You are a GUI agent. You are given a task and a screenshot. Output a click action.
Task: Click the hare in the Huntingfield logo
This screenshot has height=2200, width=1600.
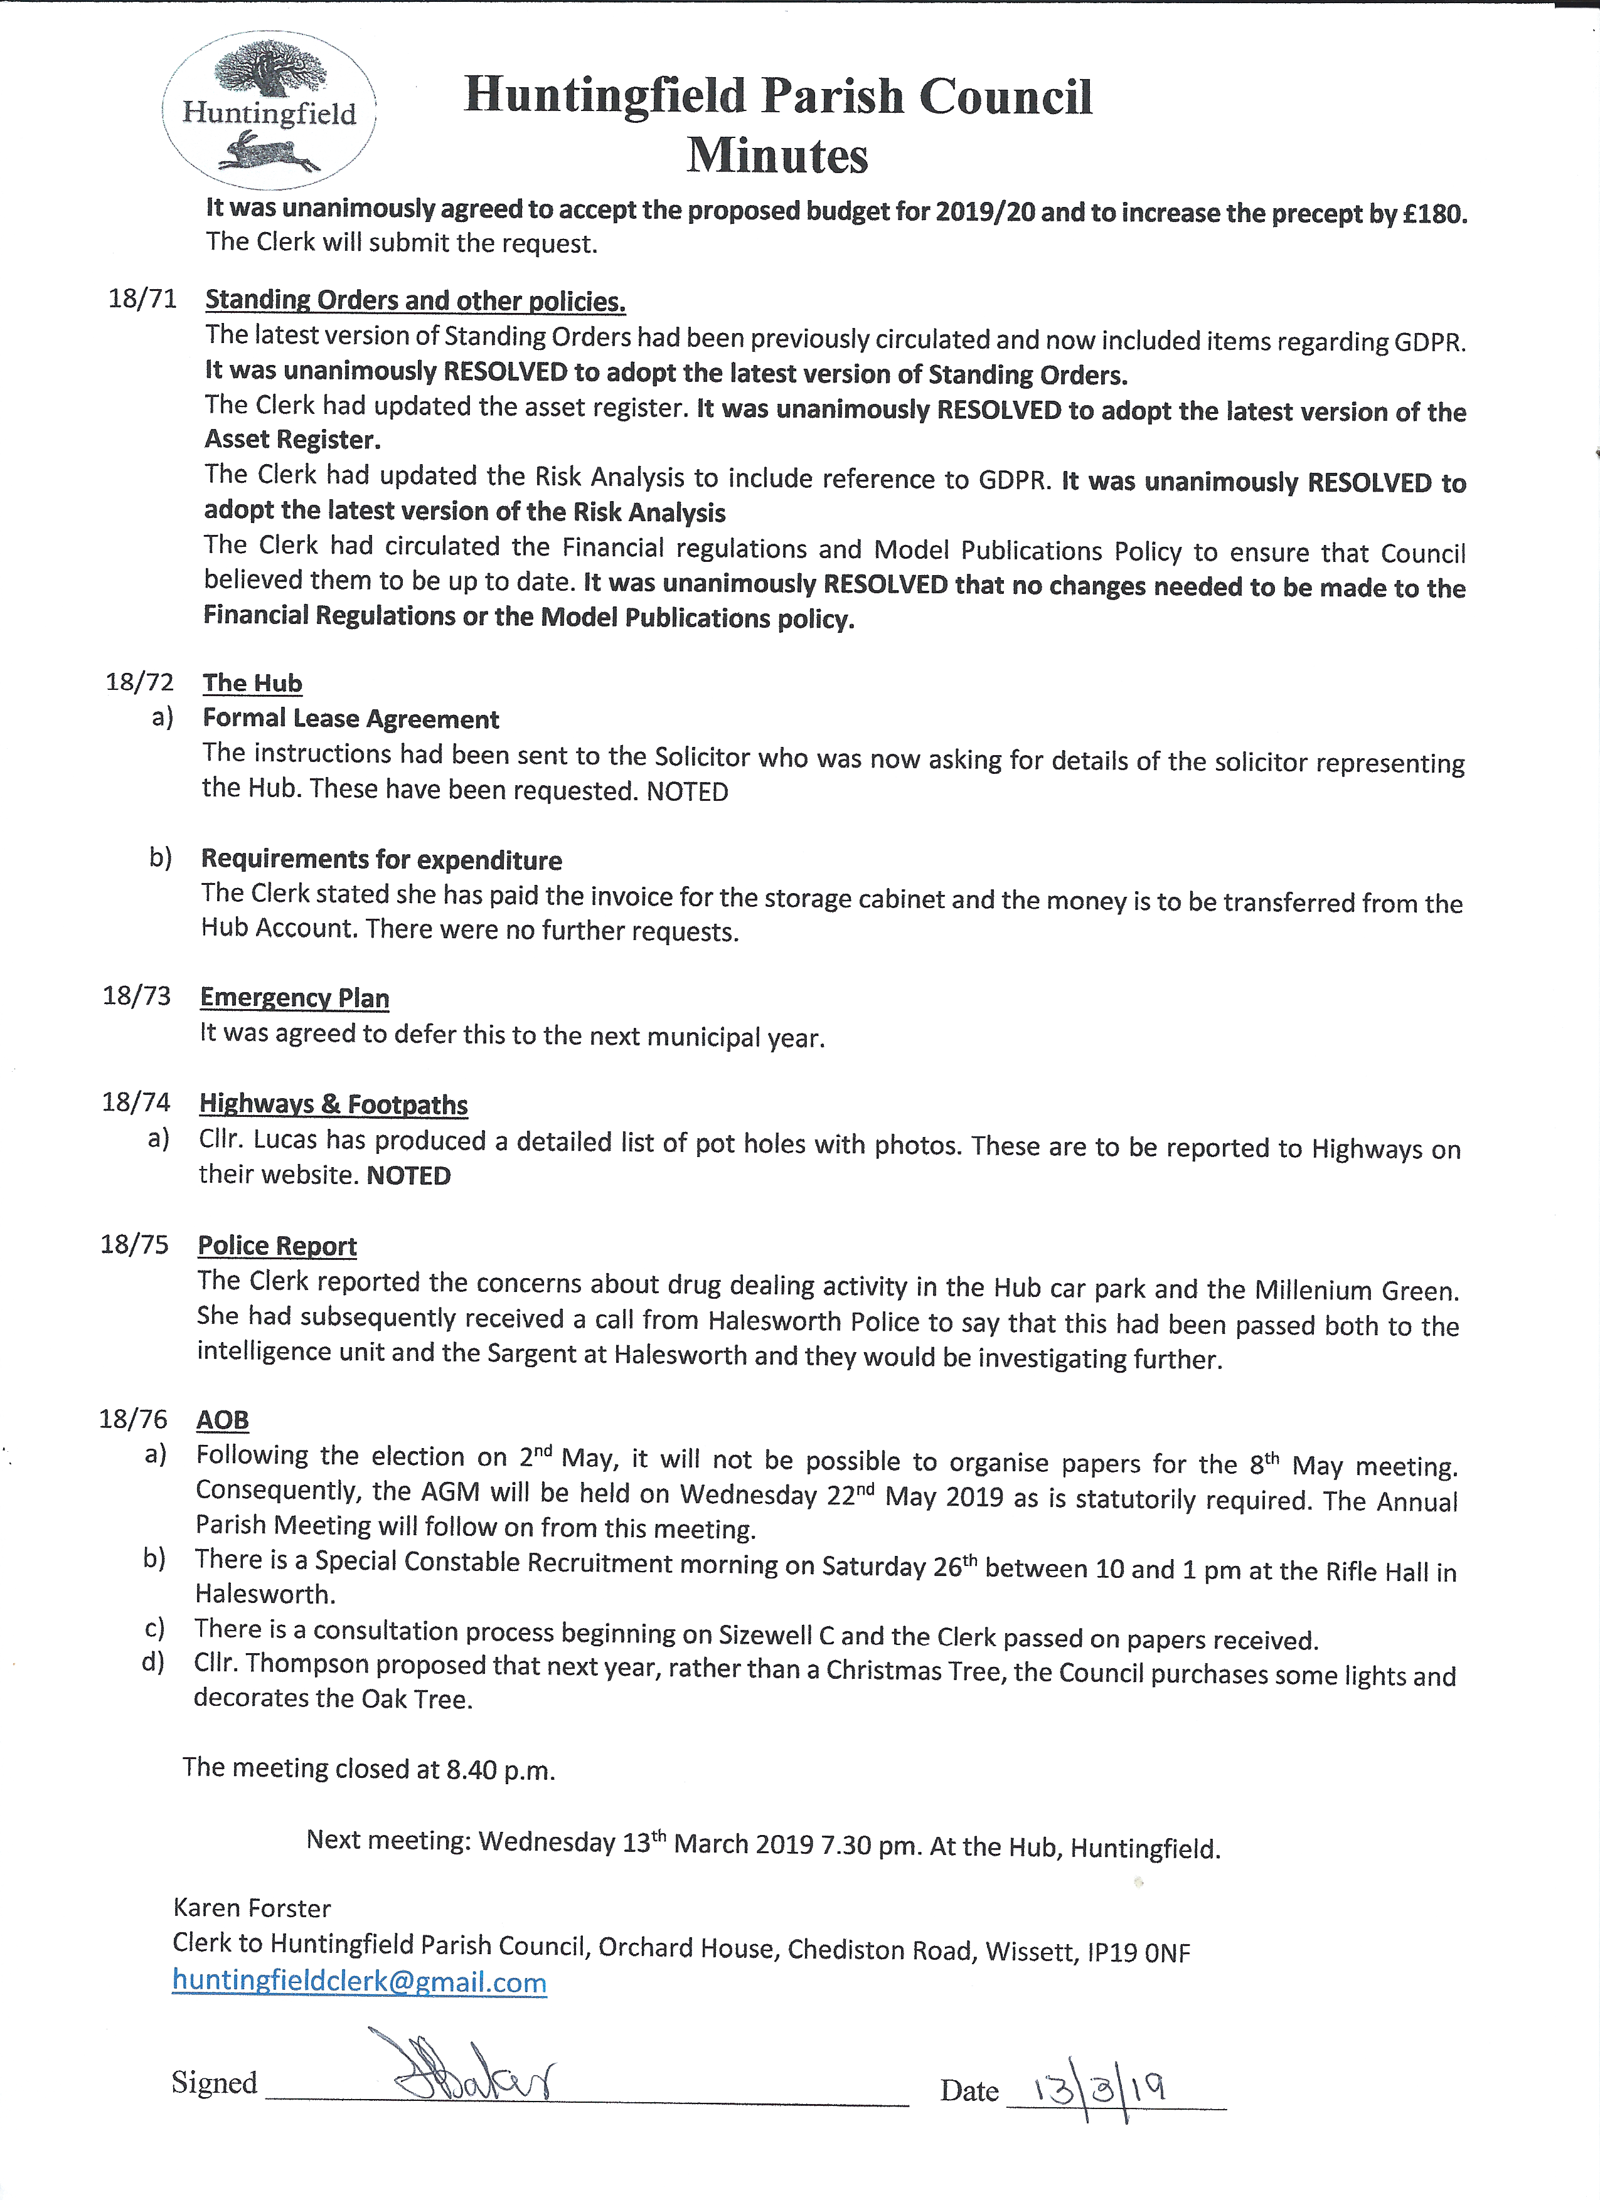268,153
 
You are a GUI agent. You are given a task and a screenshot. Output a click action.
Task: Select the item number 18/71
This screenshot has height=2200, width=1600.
142,298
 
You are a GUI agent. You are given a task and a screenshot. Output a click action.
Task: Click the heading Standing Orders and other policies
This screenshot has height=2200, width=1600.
415,300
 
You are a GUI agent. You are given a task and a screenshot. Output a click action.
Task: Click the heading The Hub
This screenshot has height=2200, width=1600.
252,683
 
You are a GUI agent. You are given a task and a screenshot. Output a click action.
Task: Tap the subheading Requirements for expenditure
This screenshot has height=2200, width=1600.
381,859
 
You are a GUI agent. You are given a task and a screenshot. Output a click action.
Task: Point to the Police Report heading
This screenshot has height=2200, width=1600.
277,1245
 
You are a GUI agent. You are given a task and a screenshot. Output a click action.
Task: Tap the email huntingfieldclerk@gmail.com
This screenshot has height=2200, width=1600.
359,1982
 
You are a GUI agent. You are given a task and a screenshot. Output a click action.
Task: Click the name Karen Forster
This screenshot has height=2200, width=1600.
252,1908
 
